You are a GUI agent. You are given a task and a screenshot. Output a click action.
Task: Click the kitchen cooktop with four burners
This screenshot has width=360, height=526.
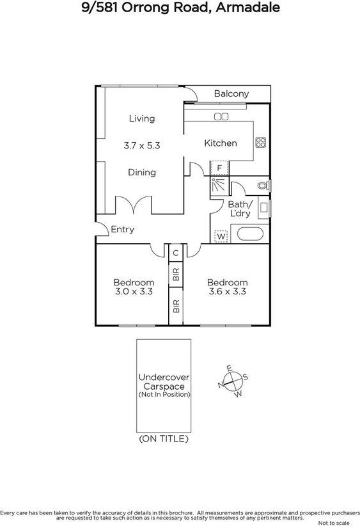pyautogui.click(x=260, y=143)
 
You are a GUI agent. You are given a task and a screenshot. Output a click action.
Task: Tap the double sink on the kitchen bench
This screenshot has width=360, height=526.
pyautogui.click(x=221, y=116)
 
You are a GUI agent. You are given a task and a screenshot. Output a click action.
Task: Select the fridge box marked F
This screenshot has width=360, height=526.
pyautogui.click(x=219, y=168)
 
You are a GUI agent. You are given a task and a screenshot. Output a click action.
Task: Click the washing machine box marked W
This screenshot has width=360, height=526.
pyautogui.click(x=221, y=236)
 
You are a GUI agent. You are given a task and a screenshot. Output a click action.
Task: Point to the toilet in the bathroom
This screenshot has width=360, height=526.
pyautogui.click(x=263, y=186)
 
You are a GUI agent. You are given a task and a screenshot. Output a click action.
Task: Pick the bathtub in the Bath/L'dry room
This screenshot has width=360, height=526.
pyautogui.click(x=249, y=234)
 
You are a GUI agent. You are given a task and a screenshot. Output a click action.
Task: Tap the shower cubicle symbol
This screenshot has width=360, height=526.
pyautogui.click(x=218, y=187)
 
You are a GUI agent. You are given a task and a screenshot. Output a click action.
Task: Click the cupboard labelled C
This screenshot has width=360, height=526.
pyautogui.click(x=175, y=253)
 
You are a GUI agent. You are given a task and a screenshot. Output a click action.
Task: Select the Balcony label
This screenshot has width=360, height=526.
pyautogui.click(x=231, y=94)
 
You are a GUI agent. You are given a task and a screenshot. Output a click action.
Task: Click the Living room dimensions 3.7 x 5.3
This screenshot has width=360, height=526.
pyautogui.click(x=141, y=145)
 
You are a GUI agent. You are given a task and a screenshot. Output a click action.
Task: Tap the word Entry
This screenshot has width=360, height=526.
pyautogui.click(x=123, y=229)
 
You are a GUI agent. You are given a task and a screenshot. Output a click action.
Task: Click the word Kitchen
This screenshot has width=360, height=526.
pyautogui.click(x=220, y=143)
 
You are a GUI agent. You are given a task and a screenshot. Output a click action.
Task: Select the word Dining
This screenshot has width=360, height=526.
pyautogui.click(x=141, y=172)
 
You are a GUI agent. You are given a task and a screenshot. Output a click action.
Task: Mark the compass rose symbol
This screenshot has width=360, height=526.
pyautogui.click(x=233, y=382)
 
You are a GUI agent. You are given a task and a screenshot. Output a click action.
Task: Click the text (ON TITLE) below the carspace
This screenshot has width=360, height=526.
pyautogui.click(x=164, y=439)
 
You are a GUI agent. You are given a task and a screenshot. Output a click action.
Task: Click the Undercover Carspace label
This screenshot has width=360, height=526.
pyautogui.click(x=164, y=383)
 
